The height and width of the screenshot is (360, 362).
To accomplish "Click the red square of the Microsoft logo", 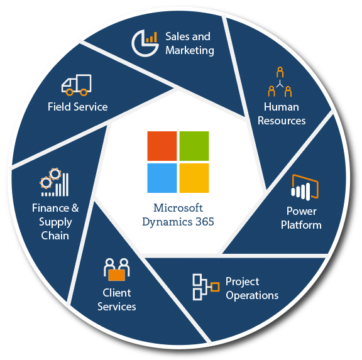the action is pos(162,146).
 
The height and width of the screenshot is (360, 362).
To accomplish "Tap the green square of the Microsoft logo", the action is pos(194,146).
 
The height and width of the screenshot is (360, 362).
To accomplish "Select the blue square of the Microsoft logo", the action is pos(162,178).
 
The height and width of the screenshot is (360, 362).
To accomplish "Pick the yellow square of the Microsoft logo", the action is pos(194,178).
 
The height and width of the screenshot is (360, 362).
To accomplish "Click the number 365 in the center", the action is pos(204,222).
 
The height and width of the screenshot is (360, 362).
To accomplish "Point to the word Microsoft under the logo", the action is pos(178,208).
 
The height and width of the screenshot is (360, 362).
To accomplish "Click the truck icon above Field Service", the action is pos(77,85).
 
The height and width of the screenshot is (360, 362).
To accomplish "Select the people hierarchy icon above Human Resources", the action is pos(280,82).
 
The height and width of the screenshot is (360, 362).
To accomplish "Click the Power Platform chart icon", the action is pos(305,187).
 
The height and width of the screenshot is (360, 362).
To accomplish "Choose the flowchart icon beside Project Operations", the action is pos(206,287).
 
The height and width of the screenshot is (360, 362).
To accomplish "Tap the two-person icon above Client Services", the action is pos(117,270).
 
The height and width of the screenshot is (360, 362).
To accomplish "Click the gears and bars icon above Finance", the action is pos(55,182).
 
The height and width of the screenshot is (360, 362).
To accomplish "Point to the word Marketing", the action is pos(190,50).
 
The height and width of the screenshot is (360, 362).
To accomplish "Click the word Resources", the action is pos(282,121).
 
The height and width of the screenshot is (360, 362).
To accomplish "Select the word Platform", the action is pos(301,225).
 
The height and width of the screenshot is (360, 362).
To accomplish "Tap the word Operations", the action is pos(252,296).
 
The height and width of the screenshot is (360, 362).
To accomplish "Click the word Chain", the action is pos(55,236).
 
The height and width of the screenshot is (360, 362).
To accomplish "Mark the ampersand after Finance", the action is pos(75,208).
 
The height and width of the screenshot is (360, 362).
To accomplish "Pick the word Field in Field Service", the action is pos(59,107).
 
